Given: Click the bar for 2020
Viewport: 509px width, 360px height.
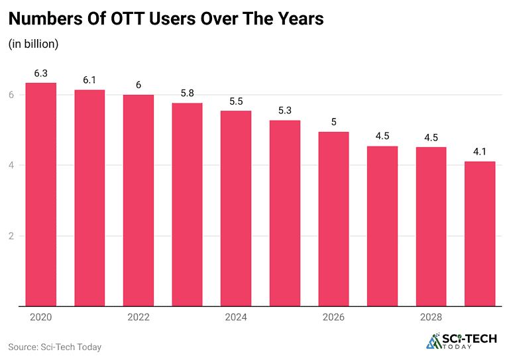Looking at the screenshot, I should coord(40,195).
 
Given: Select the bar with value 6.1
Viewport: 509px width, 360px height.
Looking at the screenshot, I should coord(89,198).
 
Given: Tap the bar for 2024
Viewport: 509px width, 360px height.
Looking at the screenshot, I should coord(236,209).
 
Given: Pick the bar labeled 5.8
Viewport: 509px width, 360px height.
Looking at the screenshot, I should coord(187,205).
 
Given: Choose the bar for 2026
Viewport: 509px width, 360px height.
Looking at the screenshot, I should coord(333,219).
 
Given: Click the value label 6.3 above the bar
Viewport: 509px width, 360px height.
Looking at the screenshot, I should coord(40,72).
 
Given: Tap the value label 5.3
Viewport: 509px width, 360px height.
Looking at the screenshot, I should coord(285,109).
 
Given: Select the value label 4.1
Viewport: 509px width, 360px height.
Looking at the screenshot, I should coord(480,150).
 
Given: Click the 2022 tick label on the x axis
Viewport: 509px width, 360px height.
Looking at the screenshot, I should coord(138,318).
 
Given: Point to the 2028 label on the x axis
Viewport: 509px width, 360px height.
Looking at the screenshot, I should coord(431,318).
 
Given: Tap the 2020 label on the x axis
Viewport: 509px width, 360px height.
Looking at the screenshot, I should coord(40,318).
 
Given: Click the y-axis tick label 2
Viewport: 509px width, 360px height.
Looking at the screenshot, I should coord(12,236).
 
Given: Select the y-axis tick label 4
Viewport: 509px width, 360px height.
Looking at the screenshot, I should coord(12,165).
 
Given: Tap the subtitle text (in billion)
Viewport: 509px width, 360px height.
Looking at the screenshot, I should coord(34,44).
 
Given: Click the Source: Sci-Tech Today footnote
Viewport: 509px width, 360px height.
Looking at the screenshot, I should coord(54,347).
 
